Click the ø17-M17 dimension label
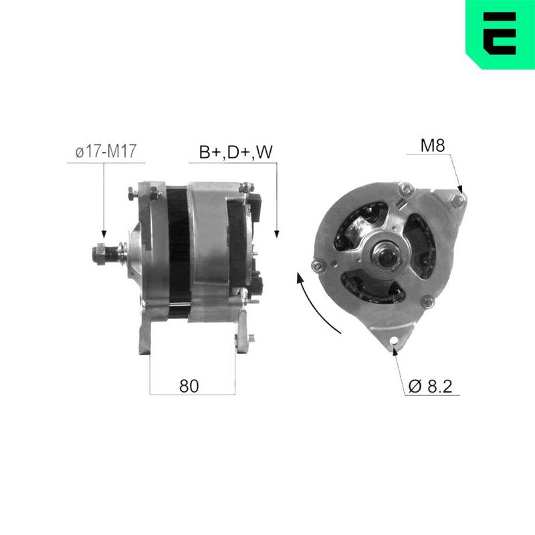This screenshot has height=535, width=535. pyautogui.click(x=106, y=151)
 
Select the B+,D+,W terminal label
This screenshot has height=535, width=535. pyautogui.click(x=236, y=152)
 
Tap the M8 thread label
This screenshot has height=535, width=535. pyautogui.click(x=433, y=145)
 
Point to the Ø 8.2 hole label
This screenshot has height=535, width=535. pyautogui.click(x=430, y=386)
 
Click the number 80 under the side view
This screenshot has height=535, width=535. pyautogui.click(x=189, y=386)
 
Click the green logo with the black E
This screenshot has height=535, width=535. pyautogui.click(x=500, y=34)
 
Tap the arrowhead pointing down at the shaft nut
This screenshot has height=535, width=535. pyautogui.click(x=104, y=233)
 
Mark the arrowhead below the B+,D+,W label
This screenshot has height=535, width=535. pyautogui.click(x=277, y=233)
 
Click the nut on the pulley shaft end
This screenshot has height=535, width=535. pyautogui.click(x=98, y=254)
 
